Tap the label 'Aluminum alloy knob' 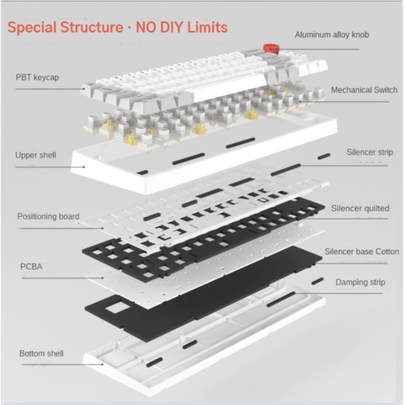[332, 35]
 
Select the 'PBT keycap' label [37, 77]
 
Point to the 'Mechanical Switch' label [364, 89]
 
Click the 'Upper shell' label [36, 155]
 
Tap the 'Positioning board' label [48, 216]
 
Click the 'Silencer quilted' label [360, 208]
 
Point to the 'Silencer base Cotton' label [362, 251]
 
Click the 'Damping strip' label [360, 282]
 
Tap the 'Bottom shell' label [41, 353]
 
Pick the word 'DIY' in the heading [164, 26]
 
